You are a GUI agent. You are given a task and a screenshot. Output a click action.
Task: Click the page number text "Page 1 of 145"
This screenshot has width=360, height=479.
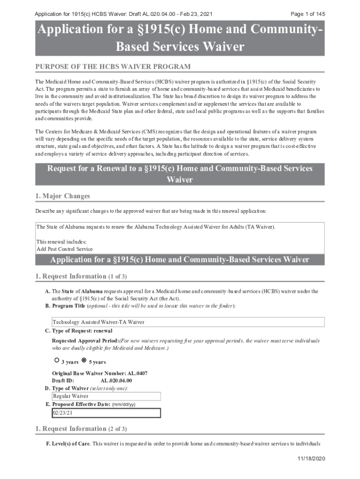tap(308, 14)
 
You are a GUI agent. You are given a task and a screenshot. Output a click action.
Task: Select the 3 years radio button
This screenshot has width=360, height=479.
tap(57, 360)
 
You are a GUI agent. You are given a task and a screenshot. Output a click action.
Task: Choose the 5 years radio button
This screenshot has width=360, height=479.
tap(84, 360)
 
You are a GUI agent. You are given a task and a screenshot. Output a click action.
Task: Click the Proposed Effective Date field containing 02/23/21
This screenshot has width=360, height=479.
tap(106, 413)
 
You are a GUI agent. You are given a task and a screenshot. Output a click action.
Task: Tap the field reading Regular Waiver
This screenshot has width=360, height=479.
tap(106, 396)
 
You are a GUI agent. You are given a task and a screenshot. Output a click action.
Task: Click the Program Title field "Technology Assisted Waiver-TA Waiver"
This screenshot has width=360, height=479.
tap(188, 322)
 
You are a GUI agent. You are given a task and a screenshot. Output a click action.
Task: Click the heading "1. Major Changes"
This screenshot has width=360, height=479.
tap(63, 196)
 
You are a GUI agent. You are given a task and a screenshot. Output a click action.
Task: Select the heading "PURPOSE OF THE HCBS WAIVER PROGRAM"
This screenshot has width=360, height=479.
tap(113, 67)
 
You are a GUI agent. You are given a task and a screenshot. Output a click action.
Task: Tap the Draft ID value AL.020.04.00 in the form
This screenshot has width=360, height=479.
tap(116, 381)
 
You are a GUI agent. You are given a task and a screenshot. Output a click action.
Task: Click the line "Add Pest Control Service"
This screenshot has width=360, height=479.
tap(65, 249)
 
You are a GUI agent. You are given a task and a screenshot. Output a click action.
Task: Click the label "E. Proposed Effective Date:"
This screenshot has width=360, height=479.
tap(78, 404)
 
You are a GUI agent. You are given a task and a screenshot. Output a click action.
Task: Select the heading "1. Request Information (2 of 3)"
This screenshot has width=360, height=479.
tap(81, 429)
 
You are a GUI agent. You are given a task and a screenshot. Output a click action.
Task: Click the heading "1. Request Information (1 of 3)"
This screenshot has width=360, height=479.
tap(81, 276)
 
